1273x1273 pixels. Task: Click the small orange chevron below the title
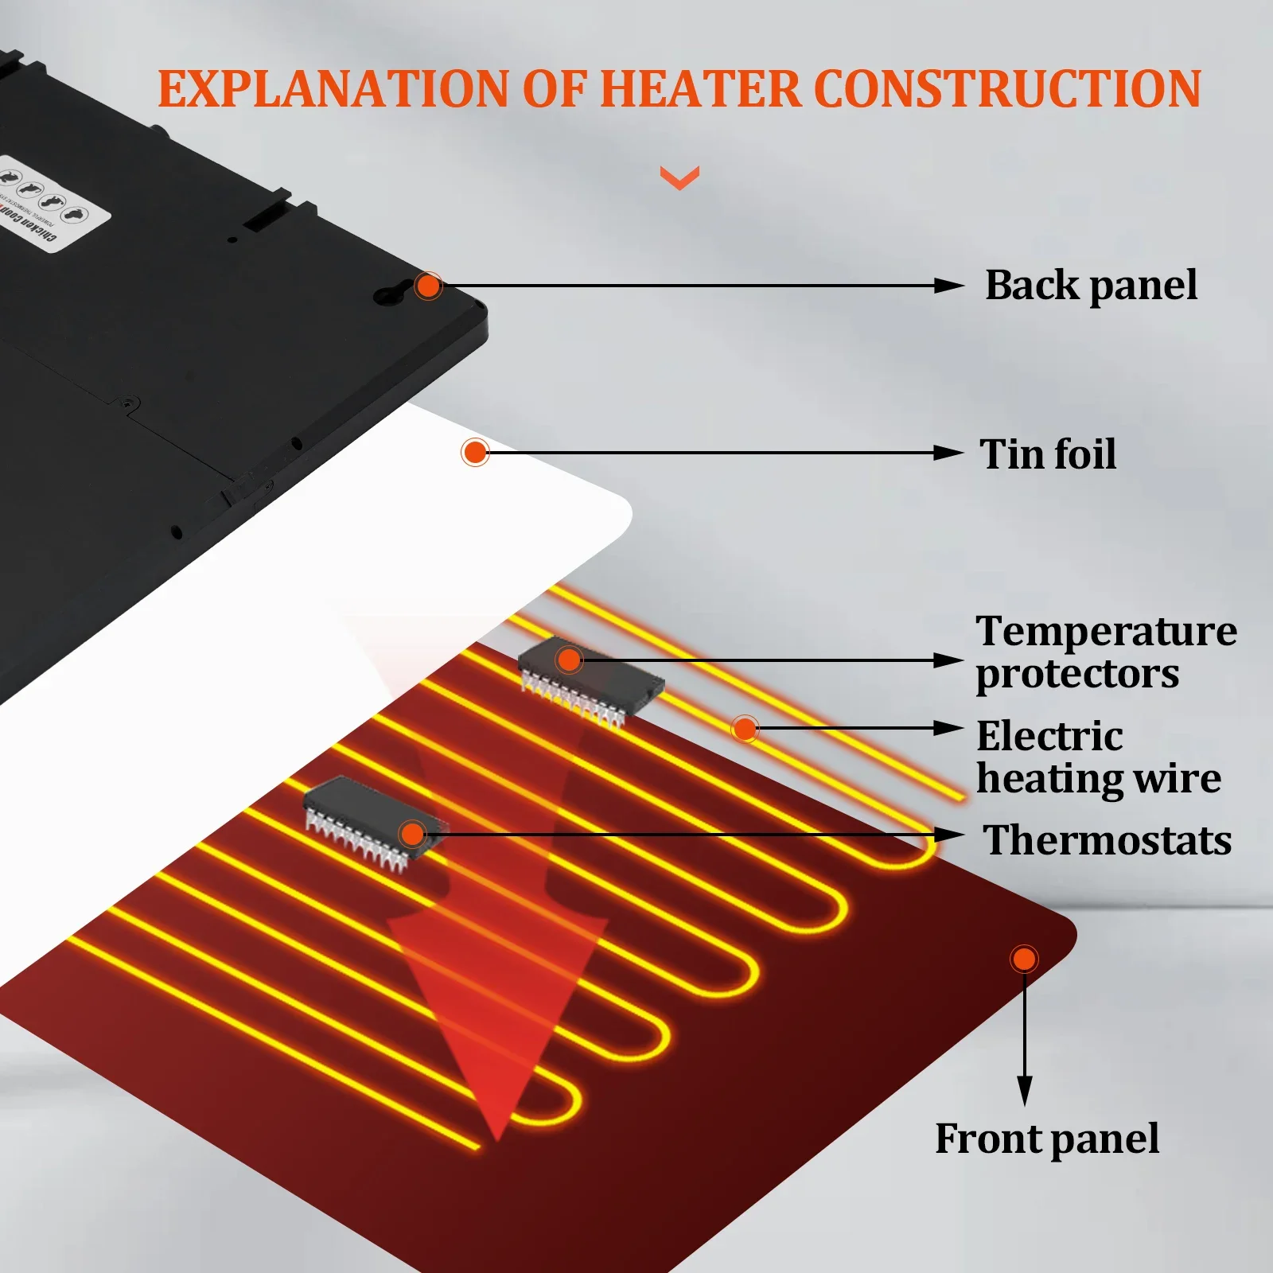tap(679, 177)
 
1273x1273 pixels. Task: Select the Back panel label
tap(1091, 285)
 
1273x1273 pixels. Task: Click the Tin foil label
tap(1048, 454)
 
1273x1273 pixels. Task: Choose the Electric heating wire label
tap(1098, 757)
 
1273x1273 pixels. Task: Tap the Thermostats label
tap(1108, 840)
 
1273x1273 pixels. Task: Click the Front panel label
tap(1046, 1139)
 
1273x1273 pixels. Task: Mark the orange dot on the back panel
tap(428, 286)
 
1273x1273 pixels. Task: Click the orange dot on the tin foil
tap(475, 453)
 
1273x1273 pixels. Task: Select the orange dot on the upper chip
tap(569, 660)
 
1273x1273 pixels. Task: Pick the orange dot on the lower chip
tap(412, 834)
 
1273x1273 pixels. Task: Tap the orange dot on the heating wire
tap(745, 728)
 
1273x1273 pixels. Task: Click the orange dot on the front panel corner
tap(1024, 959)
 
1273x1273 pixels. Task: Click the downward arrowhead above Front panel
tap(1025, 1089)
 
